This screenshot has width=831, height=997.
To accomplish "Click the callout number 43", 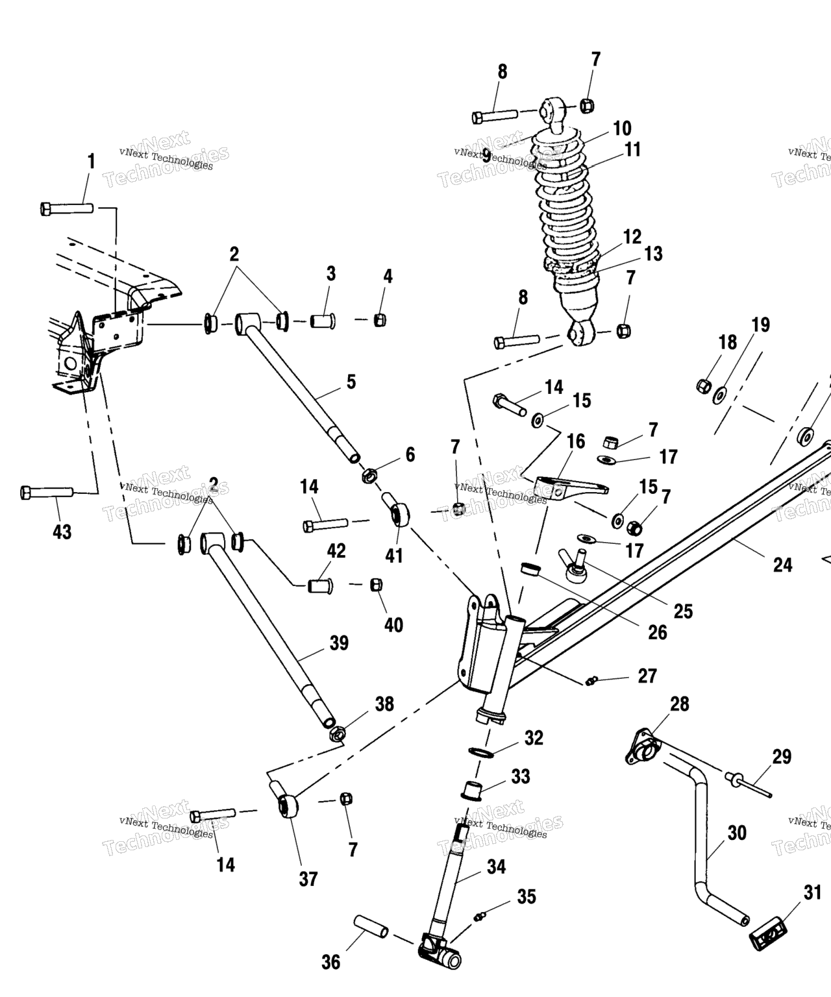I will [x=62, y=532].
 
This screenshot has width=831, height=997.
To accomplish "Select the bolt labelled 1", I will [x=67, y=208].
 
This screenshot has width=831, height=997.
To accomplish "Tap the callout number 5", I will [x=351, y=382].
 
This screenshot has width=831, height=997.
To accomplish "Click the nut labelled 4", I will [x=380, y=320].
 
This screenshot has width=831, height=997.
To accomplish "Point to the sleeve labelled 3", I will [x=321, y=321].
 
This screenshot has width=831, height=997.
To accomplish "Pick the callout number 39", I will [x=339, y=643].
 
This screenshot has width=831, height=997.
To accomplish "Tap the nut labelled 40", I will [x=376, y=584].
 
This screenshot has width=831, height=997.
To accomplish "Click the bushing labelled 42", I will [x=320, y=585].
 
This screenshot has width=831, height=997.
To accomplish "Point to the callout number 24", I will [x=782, y=565].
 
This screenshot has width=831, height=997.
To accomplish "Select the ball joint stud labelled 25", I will [x=575, y=567].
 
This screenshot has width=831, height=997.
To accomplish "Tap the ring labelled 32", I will [x=481, y=752].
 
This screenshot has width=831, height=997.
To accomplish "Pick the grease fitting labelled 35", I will [x=480, y=916].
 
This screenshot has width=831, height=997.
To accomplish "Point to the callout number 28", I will [x=680, y=704].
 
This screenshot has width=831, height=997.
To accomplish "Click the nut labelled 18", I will [x=702, y=386].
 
